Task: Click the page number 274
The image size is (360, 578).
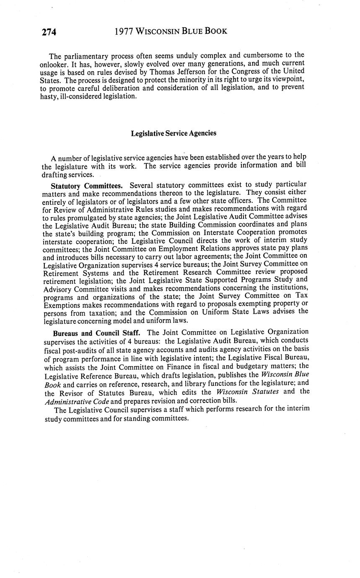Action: tap(49, 32)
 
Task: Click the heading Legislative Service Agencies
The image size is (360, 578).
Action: tap(174, 133)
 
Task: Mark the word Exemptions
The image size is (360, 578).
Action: tap(62, 304)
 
